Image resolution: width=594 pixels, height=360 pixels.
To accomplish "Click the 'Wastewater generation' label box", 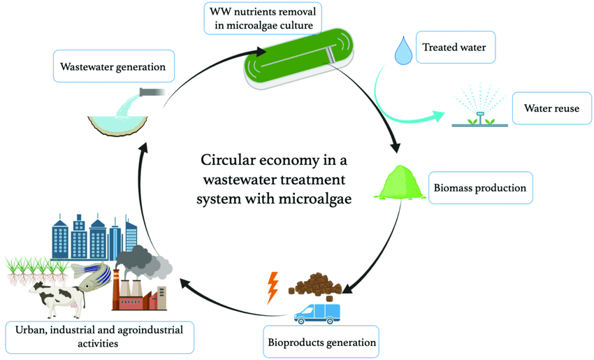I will click(113, 67).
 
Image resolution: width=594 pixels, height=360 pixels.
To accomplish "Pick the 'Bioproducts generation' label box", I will click(321, 342).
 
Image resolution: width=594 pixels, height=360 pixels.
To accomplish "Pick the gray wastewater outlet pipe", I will click(152, 92).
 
